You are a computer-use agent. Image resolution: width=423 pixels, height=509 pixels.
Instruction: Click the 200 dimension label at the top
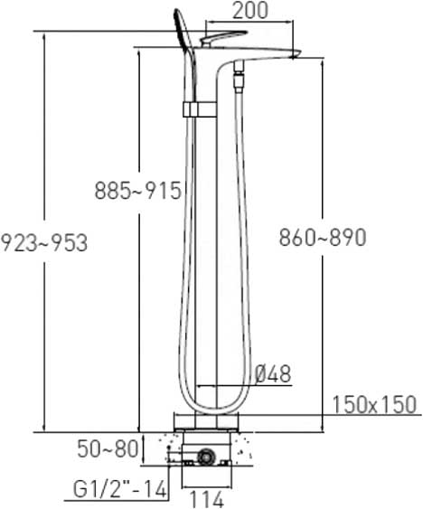pyautogui.click(x=250, y=10)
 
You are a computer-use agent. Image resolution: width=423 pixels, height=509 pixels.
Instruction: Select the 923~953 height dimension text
pyautogui.click(x=43, y=242)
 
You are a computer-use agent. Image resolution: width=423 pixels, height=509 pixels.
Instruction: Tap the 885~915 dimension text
pyautogui.click(x=138, y=191)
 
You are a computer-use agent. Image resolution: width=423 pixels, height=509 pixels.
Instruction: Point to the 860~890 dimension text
pyautogui.click(x=323, y=237)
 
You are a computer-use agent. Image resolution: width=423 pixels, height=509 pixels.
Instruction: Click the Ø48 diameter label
pyautogui.click(x=273, y=374)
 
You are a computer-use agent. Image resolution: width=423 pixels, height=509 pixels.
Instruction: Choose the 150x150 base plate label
pyautogui.click(x=374, y=404)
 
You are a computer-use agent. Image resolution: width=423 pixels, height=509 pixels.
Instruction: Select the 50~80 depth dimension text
pyautogui.click(x=108, y=449)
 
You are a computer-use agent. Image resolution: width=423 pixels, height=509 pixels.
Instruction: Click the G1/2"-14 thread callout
pyautogui.click(x=120, y=489)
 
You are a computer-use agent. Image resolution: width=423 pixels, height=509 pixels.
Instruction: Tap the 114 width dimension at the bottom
pyautogui.click(x=206, y=500)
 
